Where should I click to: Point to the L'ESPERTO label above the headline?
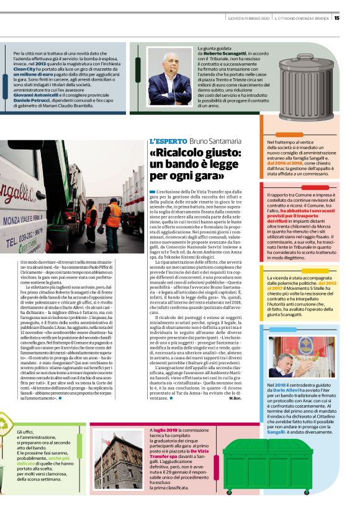click(168, 141)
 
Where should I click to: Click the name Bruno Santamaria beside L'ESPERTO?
click(214, 141)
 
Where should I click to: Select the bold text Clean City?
click(24, 70)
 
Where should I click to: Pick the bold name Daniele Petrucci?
click(33, 101)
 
